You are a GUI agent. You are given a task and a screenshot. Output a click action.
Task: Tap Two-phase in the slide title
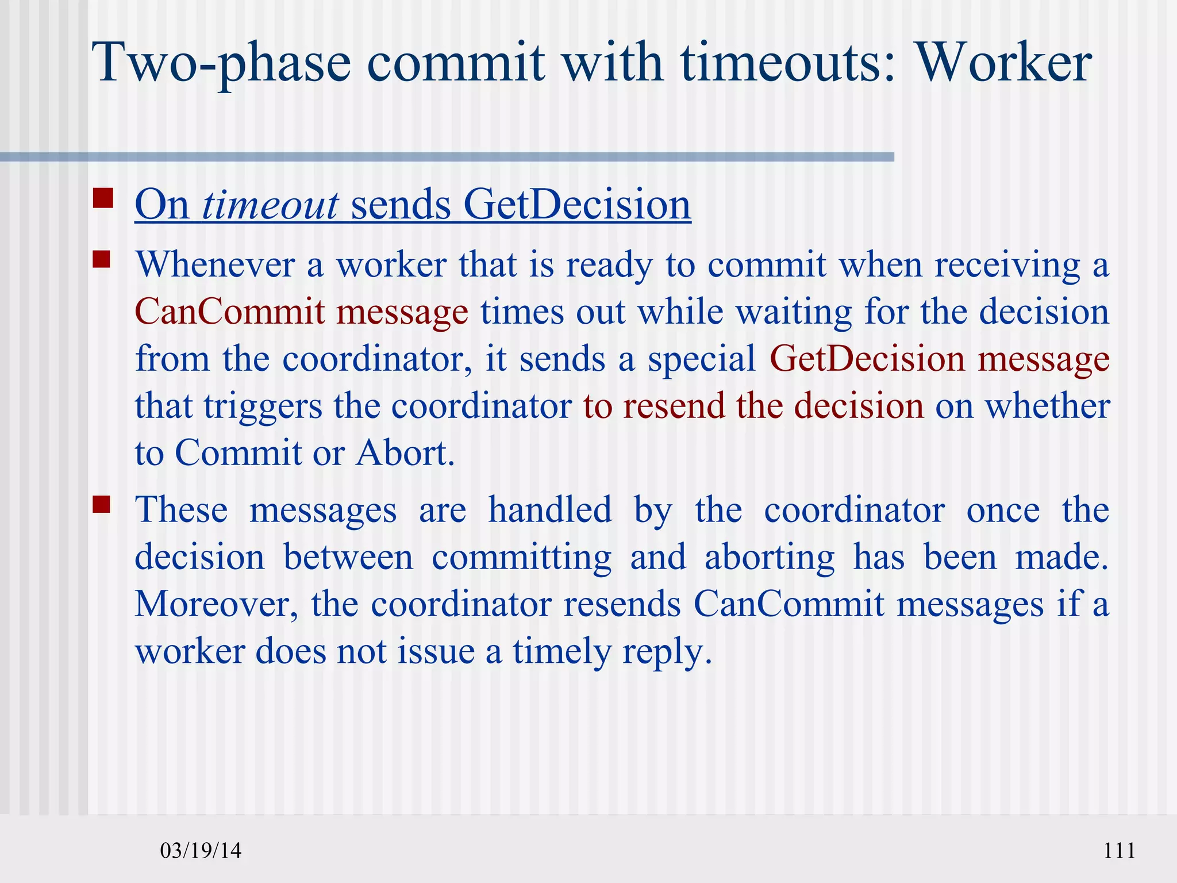(x=224, y=63)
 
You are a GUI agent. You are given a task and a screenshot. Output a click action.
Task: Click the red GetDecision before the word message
(x=867, y=359)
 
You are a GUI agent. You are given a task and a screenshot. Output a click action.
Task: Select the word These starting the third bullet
(x=182, y=510)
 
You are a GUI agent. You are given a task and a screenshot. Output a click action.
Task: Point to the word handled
(x=550, y=510)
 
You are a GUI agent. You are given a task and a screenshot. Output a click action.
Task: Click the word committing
(x=522, y=558)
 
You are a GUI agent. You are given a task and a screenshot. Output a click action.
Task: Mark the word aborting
(x=770, y=558)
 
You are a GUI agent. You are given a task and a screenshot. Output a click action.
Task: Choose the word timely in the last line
(x=561, y=652)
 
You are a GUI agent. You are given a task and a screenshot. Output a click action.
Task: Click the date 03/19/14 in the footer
(x=201, y=850)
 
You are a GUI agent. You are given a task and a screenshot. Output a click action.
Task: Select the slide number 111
(x=1119, y=850)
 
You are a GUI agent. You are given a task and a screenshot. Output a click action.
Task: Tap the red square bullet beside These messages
(x=102, y=504)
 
